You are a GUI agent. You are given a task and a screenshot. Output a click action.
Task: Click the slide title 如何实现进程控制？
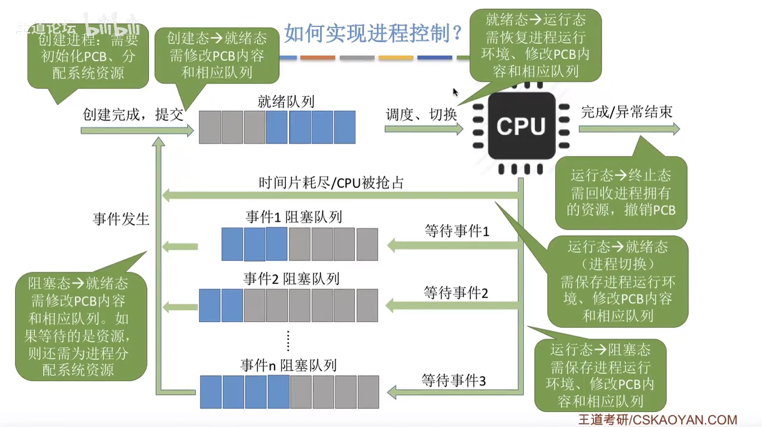point(373,34)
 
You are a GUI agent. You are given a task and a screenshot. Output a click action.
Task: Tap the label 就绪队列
point(286,101)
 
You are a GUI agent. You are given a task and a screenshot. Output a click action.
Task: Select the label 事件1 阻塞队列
point(294,217)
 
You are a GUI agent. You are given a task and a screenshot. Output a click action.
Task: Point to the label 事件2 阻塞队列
point(292,279)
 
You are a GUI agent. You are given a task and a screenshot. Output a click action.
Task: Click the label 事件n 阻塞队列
point(288,365)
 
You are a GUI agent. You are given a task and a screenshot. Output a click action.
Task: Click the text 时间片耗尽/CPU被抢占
point(331,183)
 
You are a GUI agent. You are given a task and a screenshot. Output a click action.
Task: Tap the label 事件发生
point(121,219)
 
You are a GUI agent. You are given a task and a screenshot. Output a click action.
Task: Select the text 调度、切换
point(421,115)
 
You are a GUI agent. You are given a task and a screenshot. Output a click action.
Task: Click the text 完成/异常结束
point(627,112)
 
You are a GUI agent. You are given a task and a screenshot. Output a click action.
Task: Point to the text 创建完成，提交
point(133,115)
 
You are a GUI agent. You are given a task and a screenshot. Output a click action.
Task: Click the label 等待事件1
point(457,231)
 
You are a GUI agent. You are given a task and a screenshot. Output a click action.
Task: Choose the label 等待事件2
point(456,293)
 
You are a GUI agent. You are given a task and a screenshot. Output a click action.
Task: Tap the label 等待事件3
point(453,380)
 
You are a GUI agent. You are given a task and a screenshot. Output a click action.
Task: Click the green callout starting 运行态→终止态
point(621,193)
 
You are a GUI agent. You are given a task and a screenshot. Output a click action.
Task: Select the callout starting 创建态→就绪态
point(217,55)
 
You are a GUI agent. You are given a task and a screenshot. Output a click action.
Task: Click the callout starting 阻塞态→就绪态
point(81,326)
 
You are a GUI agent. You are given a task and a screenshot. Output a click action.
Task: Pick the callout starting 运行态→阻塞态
point(600,375)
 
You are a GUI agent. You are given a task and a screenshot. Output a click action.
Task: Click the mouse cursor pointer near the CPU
point(456,92)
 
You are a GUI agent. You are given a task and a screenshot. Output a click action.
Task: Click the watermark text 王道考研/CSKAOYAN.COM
point(658,420)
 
